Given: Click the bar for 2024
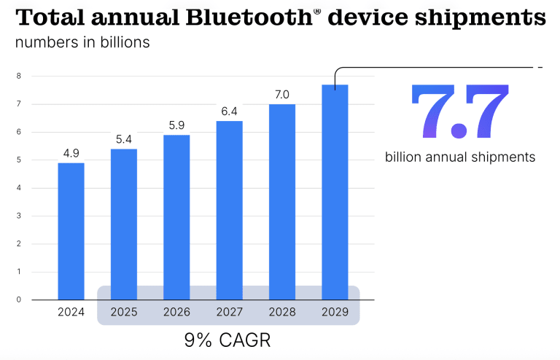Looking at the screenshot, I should (71, 231).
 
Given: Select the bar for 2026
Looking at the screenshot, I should (176, 217).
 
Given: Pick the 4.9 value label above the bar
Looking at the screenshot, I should (71, 153).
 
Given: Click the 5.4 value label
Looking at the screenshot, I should (124, 139).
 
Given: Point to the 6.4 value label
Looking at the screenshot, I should (229, 111).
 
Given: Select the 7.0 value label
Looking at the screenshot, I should (282, 95).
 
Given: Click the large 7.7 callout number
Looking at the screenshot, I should (459, 112).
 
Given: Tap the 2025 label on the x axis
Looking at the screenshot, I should (124, 313).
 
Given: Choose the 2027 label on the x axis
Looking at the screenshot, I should (229, 313).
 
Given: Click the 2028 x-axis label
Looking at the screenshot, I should (282, 313).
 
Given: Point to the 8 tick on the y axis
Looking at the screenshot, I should (18, 76).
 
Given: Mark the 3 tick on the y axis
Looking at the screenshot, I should (18, 216).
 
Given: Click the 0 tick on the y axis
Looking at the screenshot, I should (18, 300).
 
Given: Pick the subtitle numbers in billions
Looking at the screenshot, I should (82, 42).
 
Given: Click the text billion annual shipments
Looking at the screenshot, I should (460, 157).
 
